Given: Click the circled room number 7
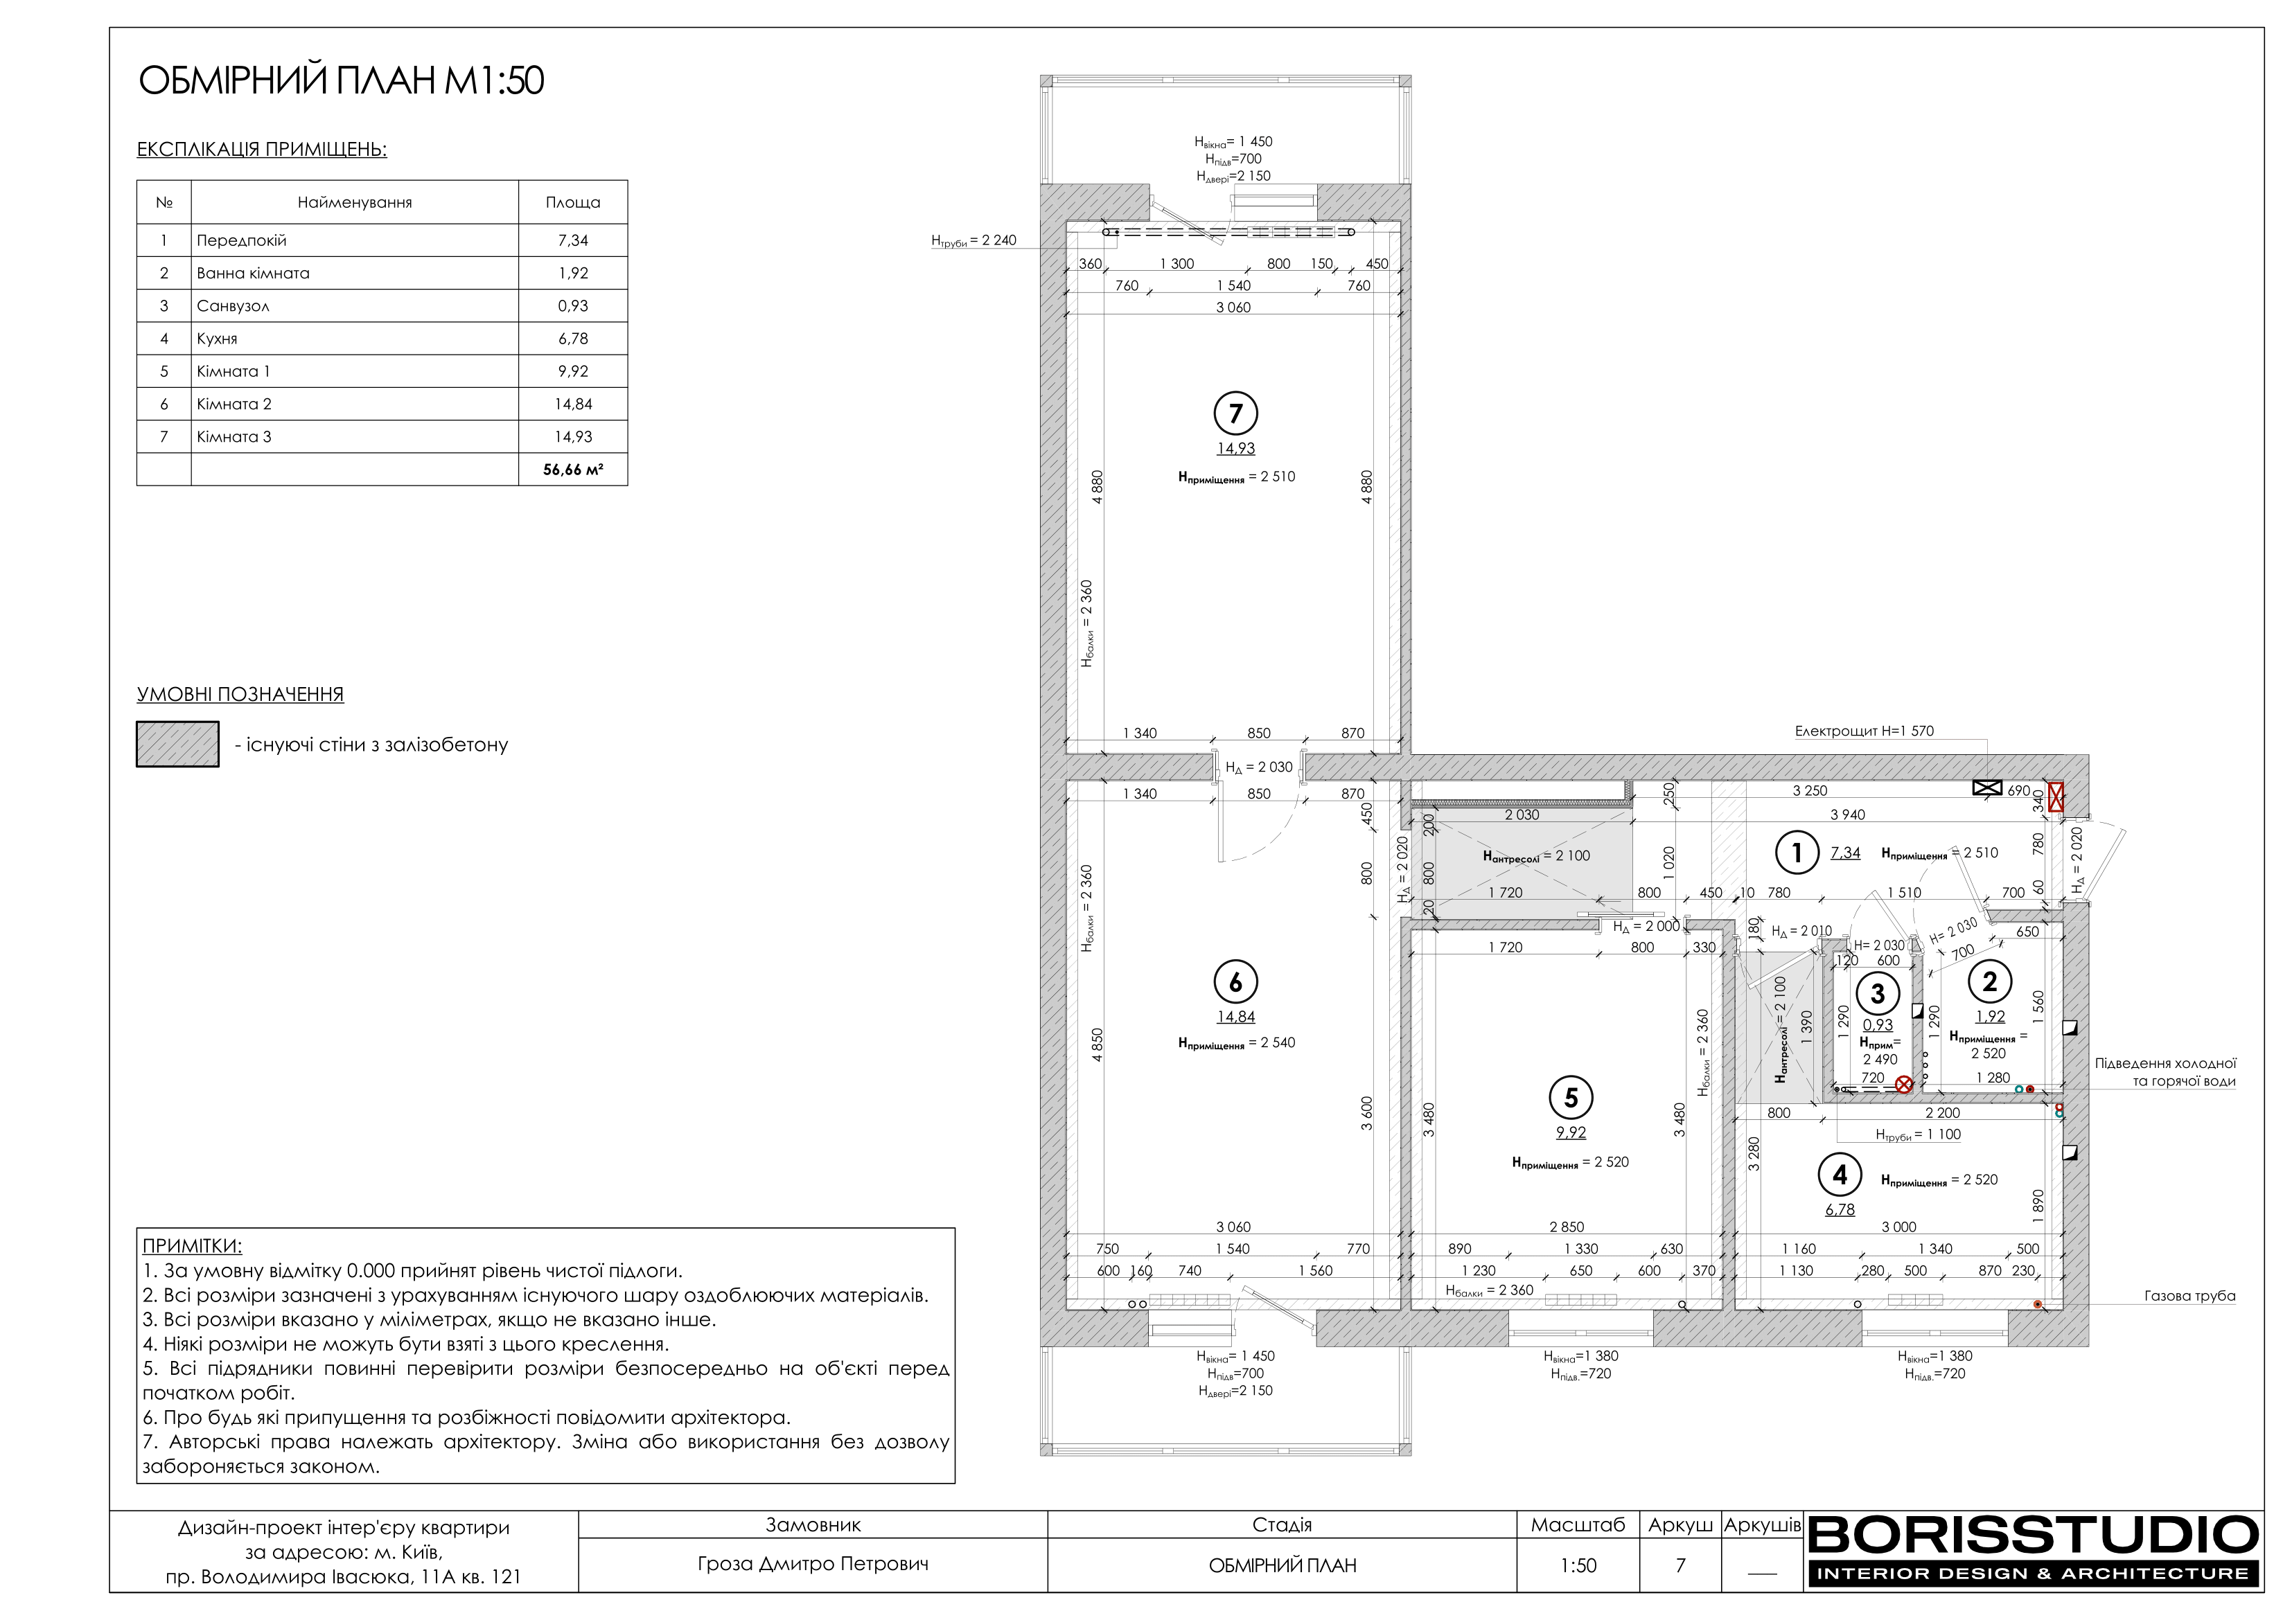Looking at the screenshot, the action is [1236, 413].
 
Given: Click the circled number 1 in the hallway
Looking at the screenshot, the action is [1797, 853].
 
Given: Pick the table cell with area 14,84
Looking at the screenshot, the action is [573, 404].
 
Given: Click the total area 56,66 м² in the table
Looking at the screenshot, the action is [573, 469].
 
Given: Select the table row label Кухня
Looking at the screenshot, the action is [218, 339].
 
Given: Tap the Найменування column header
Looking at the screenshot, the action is [354, 203].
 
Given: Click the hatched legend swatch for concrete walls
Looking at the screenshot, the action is [177, 745].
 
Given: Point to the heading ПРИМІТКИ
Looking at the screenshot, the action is [192, 1246].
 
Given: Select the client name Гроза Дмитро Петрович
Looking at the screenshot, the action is [813, 1564].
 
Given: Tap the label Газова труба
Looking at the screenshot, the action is [2189, 1297].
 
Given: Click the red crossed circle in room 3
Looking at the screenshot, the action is [1904, 1084].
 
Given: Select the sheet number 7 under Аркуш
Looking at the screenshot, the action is [1680, 1565].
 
